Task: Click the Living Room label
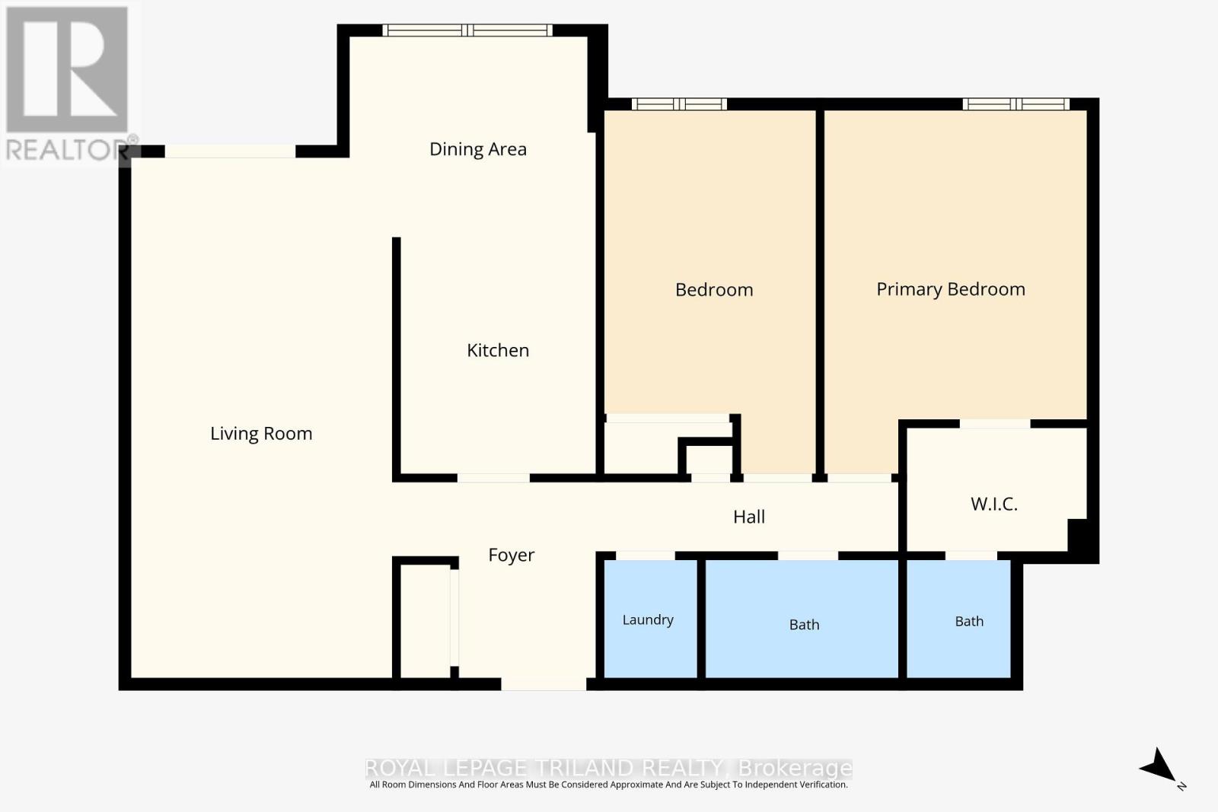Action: click(x=261, y=433)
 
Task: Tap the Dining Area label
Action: click(x=478, y=149)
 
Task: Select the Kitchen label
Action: click(x=498, y=350)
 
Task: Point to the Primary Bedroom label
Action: click(x=951, y=289)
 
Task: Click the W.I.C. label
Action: click(x=994, y=504)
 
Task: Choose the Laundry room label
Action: click(x=648, y=619)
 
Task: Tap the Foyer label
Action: click(x=511, y=555)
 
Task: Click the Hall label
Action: click(x=749, y=516)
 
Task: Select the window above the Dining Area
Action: click(x=467, y=30)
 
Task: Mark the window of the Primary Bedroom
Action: click(x=1016, y=103)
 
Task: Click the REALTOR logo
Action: click(x=68, y=83)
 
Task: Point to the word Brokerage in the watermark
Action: click(x=795, y=769)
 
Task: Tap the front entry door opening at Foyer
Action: click(x=544, y=683)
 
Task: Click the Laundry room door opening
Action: click(x=645, y=556)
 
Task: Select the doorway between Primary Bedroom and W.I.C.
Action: click(x=995, y=424)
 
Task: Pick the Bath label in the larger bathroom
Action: click(x=804, y=625)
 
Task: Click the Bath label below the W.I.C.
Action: click(x=969, y=621)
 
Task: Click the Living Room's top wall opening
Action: click(x=231, y=151)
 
